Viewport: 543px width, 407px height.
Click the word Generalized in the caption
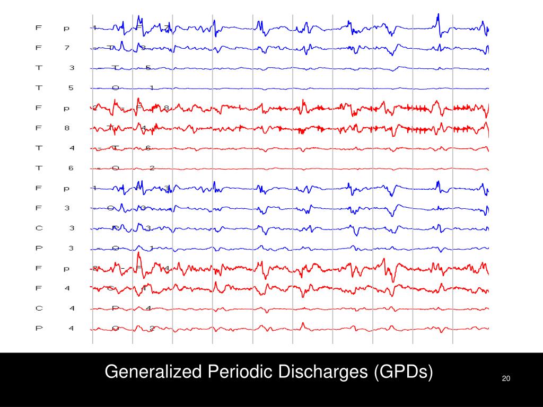point(153,372)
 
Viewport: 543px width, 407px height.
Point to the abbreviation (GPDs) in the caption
point(404,372)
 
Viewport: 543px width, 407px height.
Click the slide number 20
point(505,378)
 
